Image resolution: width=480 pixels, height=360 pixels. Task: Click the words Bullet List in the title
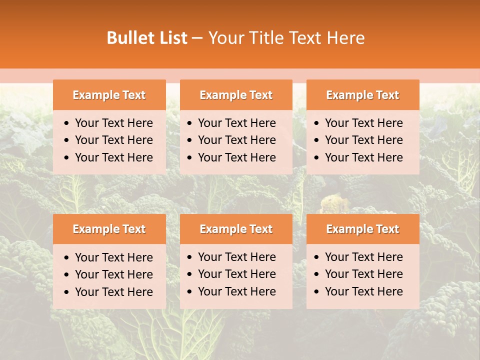147,38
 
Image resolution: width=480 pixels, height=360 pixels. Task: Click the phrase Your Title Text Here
286,38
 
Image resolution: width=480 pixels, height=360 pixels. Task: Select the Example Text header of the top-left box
109,95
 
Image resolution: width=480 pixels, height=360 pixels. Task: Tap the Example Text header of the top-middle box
236,95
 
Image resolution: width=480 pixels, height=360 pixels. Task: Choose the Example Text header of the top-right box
362,95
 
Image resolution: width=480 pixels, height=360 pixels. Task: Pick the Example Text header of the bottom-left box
109,229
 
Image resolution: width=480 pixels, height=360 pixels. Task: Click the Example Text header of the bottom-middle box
236,229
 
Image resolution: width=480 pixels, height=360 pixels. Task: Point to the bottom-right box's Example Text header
362,229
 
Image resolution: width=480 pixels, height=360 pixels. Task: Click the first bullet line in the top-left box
113,123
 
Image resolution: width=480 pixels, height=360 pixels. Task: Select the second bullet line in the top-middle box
236,140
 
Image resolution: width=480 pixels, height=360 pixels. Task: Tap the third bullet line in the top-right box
363,157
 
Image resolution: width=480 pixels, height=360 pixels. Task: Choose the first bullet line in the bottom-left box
113,257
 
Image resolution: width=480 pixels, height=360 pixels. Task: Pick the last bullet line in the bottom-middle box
236,291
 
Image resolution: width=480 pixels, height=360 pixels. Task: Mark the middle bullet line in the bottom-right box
363,274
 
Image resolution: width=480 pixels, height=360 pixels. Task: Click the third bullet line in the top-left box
113,157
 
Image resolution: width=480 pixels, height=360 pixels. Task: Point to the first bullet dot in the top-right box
316,123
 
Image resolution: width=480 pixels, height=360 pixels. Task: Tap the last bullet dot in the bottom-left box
66,292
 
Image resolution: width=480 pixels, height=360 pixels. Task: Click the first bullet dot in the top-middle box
189,123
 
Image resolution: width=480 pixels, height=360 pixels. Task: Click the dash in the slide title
197,38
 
